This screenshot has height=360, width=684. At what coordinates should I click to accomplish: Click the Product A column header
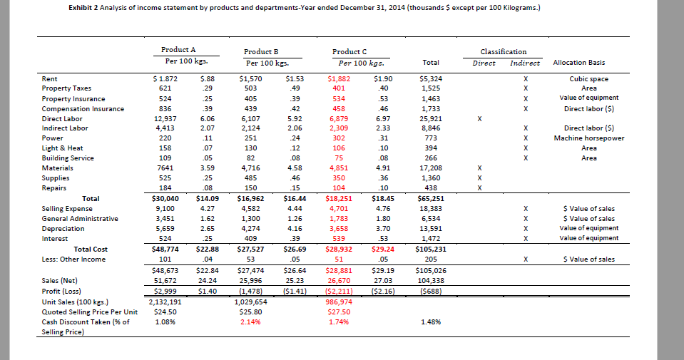point(178,50)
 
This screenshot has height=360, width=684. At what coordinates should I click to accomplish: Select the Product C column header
point(349,51)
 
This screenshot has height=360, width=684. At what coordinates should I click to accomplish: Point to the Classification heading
point(504,51)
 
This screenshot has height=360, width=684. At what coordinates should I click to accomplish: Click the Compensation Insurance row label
point(83,108)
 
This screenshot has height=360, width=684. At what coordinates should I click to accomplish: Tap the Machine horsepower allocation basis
point(588,138)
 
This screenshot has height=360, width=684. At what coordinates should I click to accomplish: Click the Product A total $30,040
point(165,198)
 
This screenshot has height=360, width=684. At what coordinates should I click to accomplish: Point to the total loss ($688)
point(431,292)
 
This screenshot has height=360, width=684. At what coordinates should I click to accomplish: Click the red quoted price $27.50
point(339,312)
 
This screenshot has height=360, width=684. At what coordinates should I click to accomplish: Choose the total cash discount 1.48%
point(431,322)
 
